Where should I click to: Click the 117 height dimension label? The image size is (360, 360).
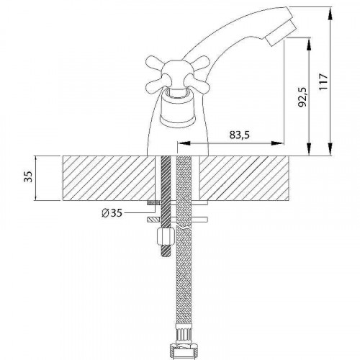coord(323,82)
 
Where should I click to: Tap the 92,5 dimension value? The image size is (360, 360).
coord(302,97)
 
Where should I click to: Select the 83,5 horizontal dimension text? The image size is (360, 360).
coord(239,135)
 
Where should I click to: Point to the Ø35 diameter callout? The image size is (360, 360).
coord(112,212)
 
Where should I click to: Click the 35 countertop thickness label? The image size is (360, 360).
coord(28,176)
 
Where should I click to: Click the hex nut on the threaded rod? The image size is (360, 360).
coord(165,236)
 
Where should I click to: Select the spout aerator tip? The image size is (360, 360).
coord(280,33)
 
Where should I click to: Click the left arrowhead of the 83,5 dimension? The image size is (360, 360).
coord(184,143)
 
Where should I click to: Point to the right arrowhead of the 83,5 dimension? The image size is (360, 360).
coord(277,143)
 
